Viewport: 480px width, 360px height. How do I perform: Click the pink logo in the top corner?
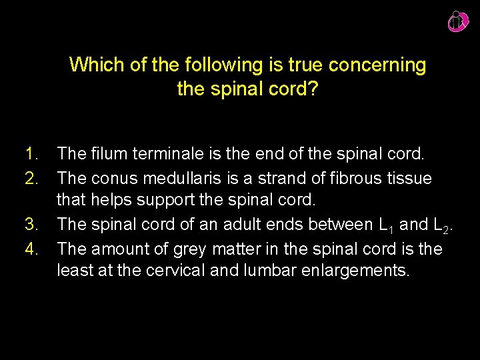[458, 21]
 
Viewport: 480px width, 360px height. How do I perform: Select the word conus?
[112, 179]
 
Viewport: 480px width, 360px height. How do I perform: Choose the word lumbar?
[266, 271]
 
